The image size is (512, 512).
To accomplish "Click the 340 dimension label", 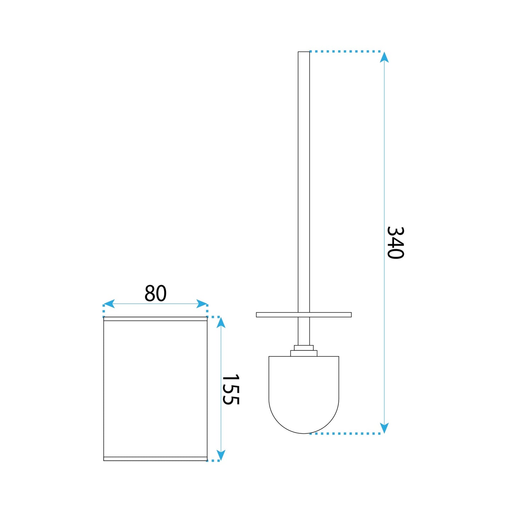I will coord(395,243).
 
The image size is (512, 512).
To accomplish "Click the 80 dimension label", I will coord(155,293).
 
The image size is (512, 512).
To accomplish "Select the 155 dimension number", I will coord(231,389).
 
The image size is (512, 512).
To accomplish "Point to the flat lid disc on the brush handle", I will coord(304,315).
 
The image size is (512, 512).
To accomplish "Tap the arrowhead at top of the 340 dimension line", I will coord(384,57).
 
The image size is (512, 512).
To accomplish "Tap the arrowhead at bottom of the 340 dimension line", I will coord(384,428).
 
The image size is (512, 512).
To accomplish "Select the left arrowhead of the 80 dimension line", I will coord(109,304).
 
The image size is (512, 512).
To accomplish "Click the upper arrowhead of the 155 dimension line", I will coord(221,322).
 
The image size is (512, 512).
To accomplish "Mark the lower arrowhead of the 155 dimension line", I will coord(221,455).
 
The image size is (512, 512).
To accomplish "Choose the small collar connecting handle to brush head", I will coord(304,351).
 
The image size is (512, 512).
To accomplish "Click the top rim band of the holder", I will coord(155,319).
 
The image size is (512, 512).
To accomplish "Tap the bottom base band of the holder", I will coord(155,459).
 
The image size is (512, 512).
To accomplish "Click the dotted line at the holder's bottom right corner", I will coord(213,461).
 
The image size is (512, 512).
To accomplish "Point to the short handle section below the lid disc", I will coord(304,331).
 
